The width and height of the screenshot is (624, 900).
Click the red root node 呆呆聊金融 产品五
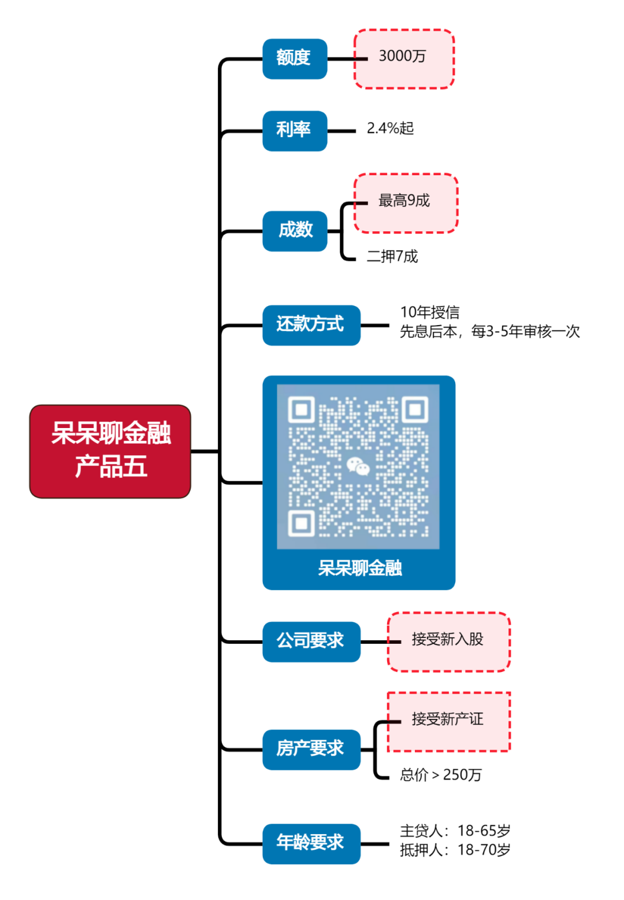(110, 451)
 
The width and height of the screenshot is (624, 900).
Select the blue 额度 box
(295, 58)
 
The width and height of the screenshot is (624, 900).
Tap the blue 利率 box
(295, 131)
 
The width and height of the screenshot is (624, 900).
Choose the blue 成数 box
(295, 231)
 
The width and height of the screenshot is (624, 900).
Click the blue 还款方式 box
(311, 325)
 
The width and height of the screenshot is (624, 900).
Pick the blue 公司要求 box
(311, 641)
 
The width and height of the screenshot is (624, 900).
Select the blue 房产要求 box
(311, 750)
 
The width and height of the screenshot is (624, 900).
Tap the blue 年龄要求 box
(311, 843)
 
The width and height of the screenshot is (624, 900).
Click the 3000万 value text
(402, 56)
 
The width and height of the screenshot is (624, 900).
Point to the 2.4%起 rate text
(391, 128)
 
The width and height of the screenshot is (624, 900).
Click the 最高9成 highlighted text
(404, 201)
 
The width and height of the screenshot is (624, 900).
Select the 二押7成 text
(392, 256)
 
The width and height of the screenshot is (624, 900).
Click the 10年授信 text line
(430, 312)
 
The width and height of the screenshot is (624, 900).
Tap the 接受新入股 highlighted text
(448, 639)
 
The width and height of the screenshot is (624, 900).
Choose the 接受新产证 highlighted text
(448, 719)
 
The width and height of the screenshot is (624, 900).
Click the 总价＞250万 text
(441, 775)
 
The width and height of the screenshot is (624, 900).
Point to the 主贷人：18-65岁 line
(455, 831)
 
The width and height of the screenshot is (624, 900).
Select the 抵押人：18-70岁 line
(455, 850)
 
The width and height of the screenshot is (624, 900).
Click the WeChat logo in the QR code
(358, 466)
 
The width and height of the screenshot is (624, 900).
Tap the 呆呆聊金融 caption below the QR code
(359, 569)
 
